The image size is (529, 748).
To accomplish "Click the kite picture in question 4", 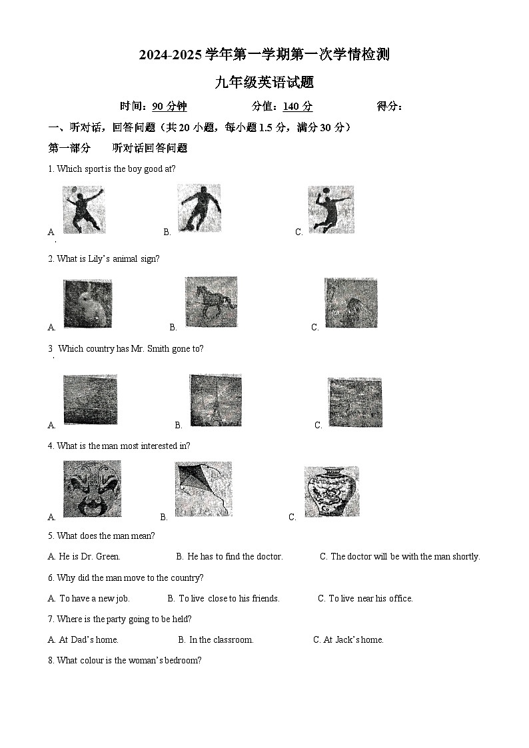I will pos(203,488).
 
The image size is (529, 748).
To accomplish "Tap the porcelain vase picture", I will pos(331,492).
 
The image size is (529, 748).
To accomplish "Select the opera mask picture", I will pos(92,489).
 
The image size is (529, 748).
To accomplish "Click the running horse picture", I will pos(211,302).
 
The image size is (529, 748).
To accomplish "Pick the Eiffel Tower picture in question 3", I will pos(215,400).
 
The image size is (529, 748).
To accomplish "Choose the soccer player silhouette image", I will pos(199,208).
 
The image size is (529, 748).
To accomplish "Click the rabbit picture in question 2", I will pos(87,304).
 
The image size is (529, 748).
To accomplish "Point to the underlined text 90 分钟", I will pos(169,107).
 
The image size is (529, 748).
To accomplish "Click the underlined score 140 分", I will pos(297,107).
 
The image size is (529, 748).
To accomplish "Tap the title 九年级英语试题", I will pos(264,83).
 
